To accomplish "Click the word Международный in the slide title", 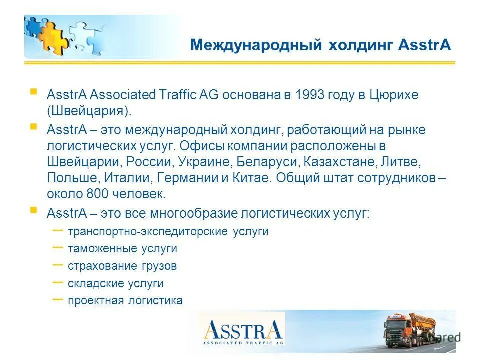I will pyautogui.click(x=255, y=46).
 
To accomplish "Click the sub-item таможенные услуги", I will pyautogui.click(x=122, y=249).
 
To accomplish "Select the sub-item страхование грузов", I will pyautogui.click(x=122, y=266).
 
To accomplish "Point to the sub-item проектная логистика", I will pyautogui.click(x=125, y=301).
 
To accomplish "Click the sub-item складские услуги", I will pyautogui.click(x=116, y=284).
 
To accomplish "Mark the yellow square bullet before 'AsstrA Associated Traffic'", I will pyautogui.click(x=33, y=92).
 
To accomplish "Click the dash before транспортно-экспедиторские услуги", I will pyautogui.click(x=58, y=230).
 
